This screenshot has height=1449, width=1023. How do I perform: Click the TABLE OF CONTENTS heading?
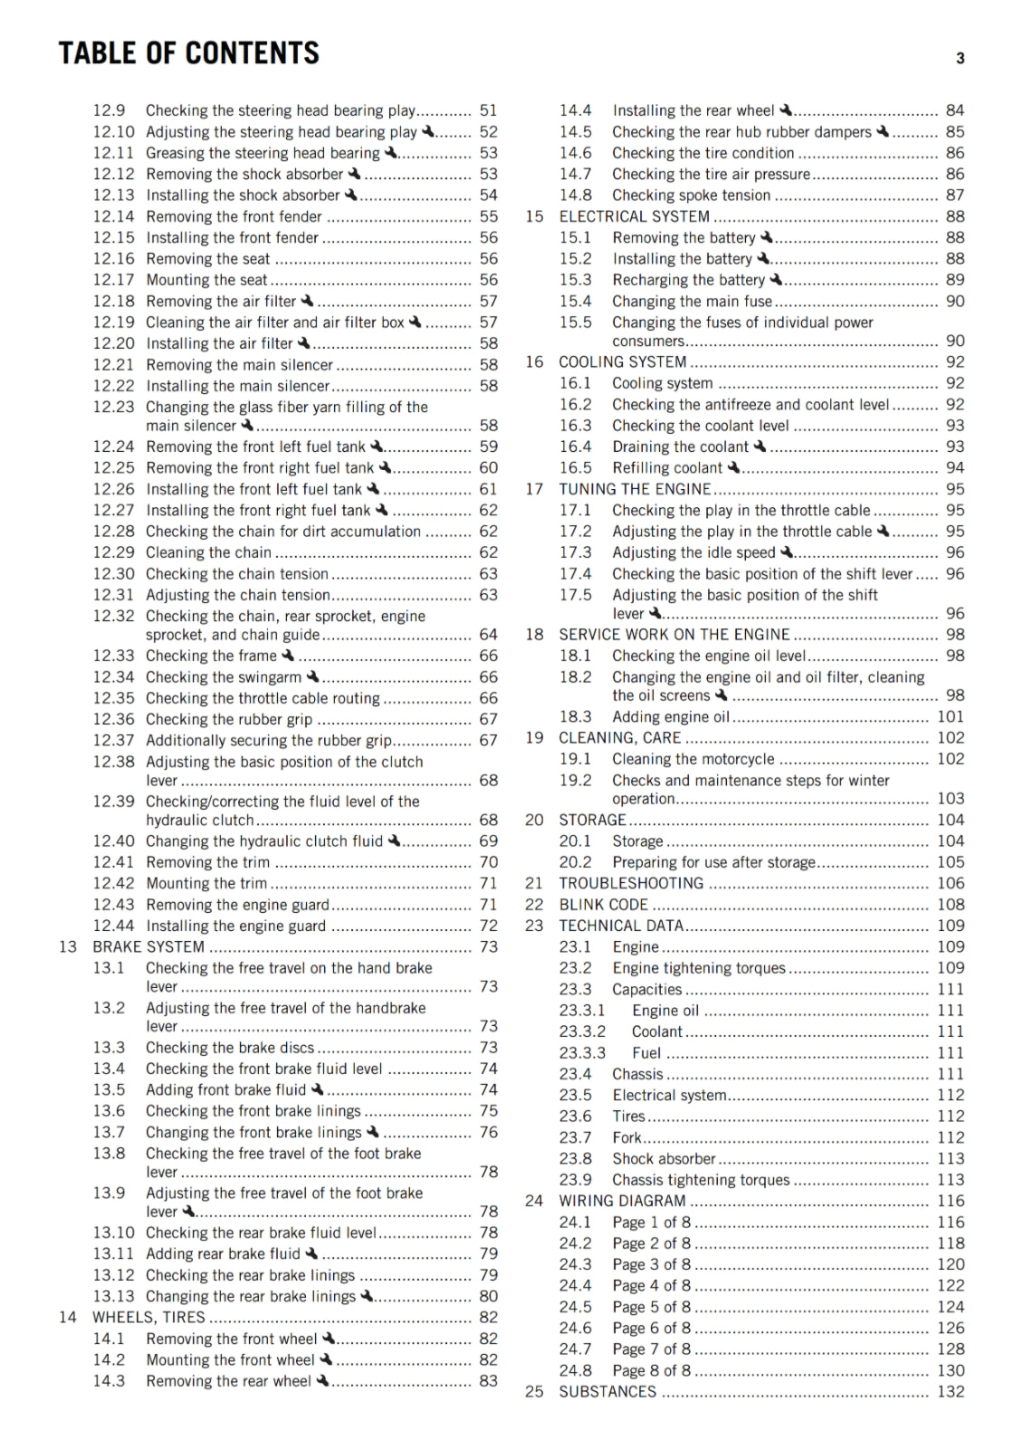pyautogui.click(x=188, y=53)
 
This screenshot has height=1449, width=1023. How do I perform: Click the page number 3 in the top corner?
pyautogui.click(x=960, y=59)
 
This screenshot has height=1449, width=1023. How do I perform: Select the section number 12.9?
pyautogui.click(x=109, y=110)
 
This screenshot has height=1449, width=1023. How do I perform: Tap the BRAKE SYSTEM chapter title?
pyautogui.click(x=148, y=947)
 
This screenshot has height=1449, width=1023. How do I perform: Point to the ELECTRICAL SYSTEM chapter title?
pyautogui.click(x=634, y=216)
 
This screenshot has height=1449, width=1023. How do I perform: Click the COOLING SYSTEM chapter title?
pyautogui.click(x=622, y=362)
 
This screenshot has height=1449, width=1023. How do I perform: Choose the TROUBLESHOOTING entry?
pyautogui.click(x=630, y=883)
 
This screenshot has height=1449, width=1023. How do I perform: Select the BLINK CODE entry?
pyautogui.click(x=603, y=905)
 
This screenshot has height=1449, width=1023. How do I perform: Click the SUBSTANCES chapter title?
pyautogui.click(x=607, y=1392)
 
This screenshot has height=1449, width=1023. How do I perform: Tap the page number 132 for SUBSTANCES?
pyautogui.click(x=951, y=1392)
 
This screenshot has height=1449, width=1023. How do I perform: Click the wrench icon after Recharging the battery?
pyautogui.click(x=776, y=279)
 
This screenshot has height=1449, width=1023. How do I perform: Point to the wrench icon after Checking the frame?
pyautogui.click(x=288, y=655)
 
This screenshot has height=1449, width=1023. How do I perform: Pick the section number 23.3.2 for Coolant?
pyautogui.click(x=582, y=1032)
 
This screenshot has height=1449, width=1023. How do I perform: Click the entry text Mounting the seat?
pyautogui.click(x=206, y=280)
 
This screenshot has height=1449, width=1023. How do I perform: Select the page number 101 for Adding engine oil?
pyautogui.click(x=951, y=717)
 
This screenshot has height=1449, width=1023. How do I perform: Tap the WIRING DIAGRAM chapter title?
pyautogui.click(x=622, y=1201)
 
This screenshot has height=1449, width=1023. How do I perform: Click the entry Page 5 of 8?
pyautogui.click(x=651, y=1307)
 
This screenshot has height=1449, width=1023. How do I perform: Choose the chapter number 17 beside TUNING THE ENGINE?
pyautogui.click(x=534, y=489)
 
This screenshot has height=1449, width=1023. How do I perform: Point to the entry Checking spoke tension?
pyautogui.click(x=691, y=196)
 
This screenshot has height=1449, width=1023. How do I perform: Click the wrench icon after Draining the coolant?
pyautogui.click(x=760, y=446)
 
